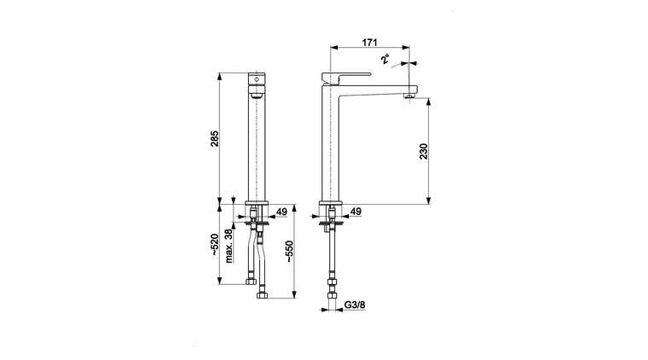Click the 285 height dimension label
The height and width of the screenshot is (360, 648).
(216, 138)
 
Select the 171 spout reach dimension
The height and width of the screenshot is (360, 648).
(370, 41)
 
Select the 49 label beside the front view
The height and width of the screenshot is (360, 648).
(282, 212)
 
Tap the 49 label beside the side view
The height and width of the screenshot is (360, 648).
(356, 212)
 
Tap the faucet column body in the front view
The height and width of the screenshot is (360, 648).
(257, 145)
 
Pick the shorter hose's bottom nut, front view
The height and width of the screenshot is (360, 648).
(250, 281)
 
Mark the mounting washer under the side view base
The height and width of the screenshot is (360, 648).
(331, 224)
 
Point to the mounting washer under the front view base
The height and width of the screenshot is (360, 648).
(257, 224)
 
